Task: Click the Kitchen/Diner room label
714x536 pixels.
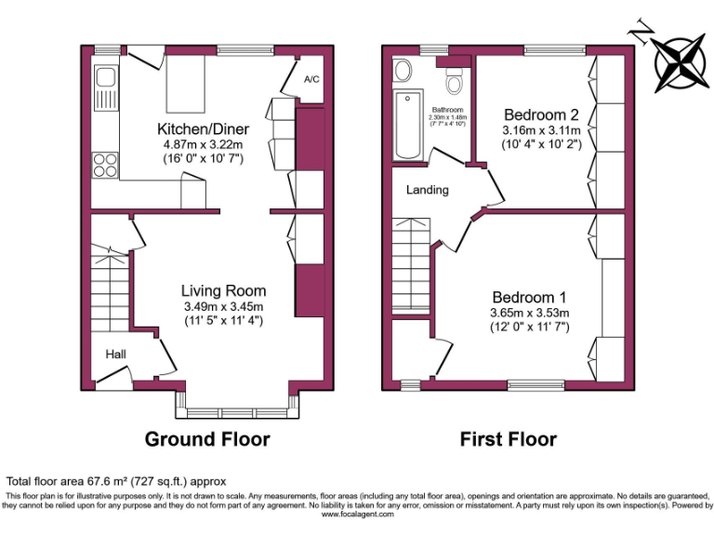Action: click(199, 128)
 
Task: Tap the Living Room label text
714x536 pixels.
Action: click(223, 290)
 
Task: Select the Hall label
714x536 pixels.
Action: click(115, 355)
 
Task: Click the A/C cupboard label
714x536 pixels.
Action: click(311, 79)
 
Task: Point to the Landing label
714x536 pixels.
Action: click(428, 190)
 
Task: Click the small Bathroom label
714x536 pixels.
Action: click(446, 110)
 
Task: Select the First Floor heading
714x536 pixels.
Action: click(509, 439)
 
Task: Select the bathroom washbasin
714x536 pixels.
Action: click(404, 71)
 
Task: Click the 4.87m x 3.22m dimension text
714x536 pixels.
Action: click(199, 145)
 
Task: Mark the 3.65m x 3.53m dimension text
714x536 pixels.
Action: click(529, 313)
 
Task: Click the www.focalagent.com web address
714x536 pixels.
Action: click(356, 514)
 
